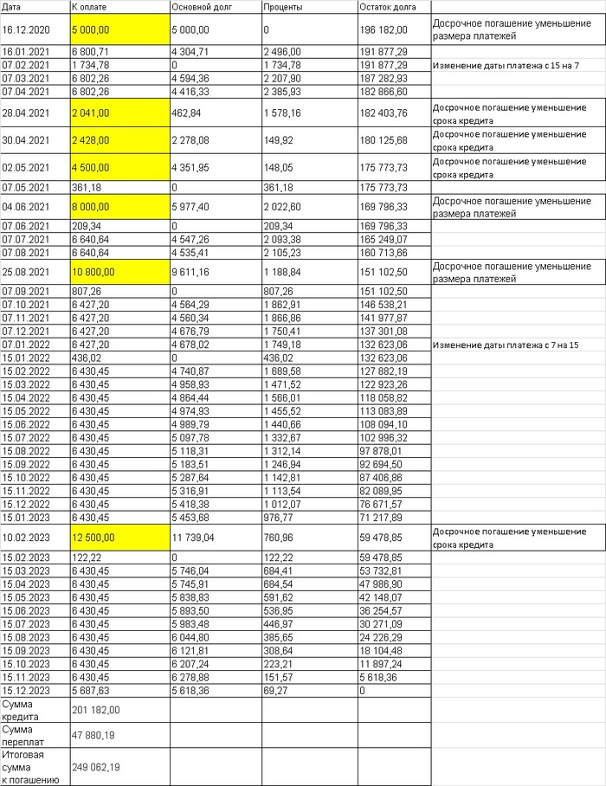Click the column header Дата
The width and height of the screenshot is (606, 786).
[x=12, y=7]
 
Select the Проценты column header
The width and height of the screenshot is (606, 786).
[x=282, y=7]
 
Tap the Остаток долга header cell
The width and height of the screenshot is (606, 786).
[x=382, y=7]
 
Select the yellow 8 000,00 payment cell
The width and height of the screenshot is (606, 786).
[x=90, y=207]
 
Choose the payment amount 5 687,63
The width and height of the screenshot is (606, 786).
[x=90, y=690]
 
